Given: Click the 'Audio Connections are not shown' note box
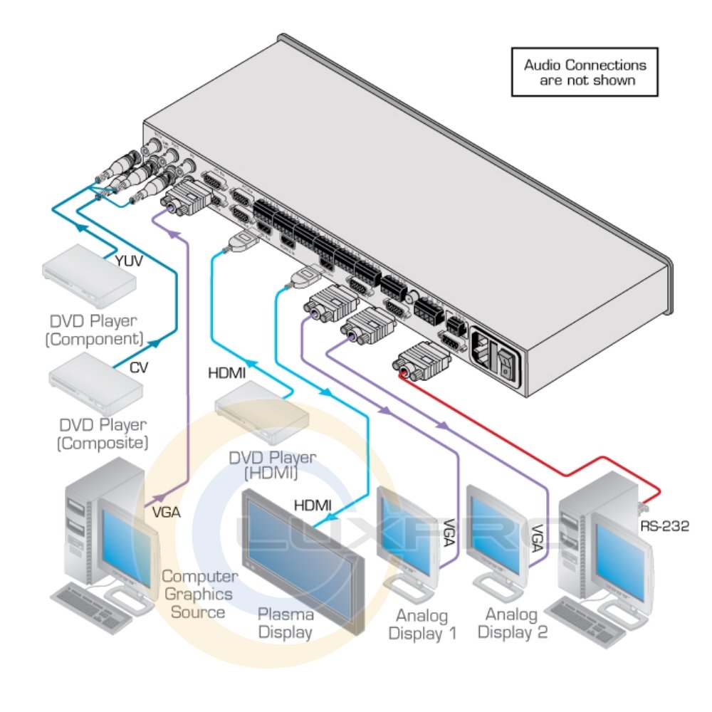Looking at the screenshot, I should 585,72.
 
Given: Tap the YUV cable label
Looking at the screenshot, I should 130,261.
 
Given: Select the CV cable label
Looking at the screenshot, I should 139,368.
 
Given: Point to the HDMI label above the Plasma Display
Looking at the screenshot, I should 313,506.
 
